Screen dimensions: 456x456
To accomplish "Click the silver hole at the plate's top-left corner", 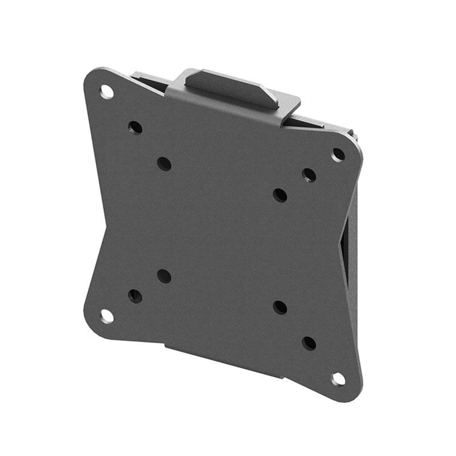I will (107, 91).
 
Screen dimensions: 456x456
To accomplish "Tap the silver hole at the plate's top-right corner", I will (339, 155).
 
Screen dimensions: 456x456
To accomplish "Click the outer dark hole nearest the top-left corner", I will (135, 127).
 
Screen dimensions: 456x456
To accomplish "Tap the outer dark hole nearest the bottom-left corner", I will (135, 296).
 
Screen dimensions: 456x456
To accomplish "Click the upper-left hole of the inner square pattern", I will (164, 164).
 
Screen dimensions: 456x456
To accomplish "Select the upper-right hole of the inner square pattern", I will (280, 195).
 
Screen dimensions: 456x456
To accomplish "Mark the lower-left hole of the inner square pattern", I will (164, 276).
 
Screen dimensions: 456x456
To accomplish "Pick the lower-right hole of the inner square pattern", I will (280, 308).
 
